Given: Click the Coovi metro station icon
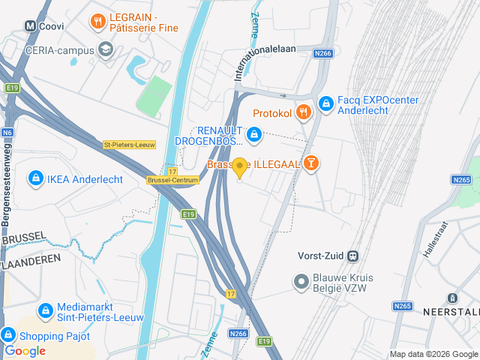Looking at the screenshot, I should [x=31, y=25].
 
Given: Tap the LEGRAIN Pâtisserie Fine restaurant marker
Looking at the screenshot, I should [x=97, y=22].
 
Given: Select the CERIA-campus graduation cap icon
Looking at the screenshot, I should [x=106, y=50].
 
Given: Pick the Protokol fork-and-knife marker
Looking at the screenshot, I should [x=303, y=112].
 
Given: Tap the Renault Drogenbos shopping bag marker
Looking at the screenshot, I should [x=254, y=134].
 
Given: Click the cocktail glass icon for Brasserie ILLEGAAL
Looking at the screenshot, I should [x=311, y=163].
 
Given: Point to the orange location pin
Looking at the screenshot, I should [x=240, y=167].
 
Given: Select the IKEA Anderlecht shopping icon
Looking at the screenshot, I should [x=34, y=178].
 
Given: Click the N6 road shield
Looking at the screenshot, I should [x=7, y=133].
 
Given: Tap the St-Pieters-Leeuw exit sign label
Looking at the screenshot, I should [x=128, y=145].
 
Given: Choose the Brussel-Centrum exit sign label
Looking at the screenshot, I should [x=172, y=180].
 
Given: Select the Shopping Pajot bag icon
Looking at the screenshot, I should [x=9, y=335].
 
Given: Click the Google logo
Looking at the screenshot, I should [x=25, y=350].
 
